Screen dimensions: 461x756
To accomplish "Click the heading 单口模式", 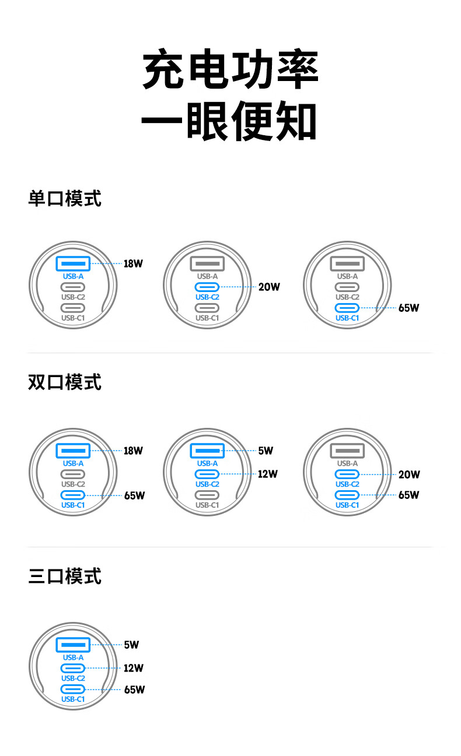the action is (65, 198).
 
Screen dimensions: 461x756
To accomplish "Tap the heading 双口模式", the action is (65, 382).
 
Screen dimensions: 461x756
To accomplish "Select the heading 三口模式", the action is (65, 576).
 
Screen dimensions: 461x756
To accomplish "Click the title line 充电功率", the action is (230, 71).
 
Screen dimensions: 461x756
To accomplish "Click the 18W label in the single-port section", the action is (133, 263).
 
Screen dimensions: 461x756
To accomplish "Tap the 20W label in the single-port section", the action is (269, 287).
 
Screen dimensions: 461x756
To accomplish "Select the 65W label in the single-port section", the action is (408, 308).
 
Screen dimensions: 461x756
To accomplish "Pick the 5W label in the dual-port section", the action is (265, 451).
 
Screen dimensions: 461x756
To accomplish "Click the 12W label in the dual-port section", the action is (267, 474).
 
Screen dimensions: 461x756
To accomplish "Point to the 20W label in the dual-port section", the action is (408, 474).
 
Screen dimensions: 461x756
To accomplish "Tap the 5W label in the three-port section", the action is (131, 645).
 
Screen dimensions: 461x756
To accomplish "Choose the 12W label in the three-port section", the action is (133, 668).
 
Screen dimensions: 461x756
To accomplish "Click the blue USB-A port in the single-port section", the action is (73, 263).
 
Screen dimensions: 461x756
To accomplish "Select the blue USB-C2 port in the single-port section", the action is (207, 287).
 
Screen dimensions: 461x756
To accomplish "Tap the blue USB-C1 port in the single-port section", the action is (347, 308).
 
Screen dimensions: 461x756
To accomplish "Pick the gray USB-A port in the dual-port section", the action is (347, 451).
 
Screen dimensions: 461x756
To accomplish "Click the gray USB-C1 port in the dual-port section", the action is (207, 495).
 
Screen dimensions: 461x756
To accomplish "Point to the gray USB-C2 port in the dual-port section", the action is (73, 474).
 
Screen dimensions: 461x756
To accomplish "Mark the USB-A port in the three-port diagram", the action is (73, 645).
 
